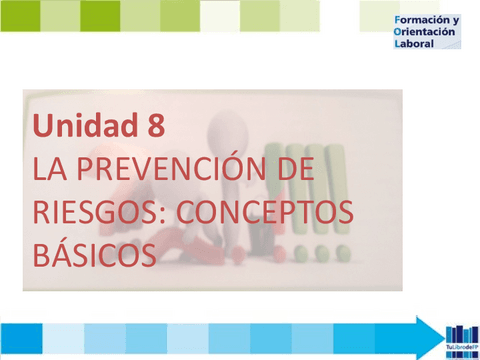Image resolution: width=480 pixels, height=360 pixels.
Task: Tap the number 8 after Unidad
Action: coord(155,127)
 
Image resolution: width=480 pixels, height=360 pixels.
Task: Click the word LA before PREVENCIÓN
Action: coord(49,169)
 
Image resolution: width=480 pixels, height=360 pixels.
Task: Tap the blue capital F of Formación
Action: coord(399,20)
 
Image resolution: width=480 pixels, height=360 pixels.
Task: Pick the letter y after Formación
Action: coord(455,21)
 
